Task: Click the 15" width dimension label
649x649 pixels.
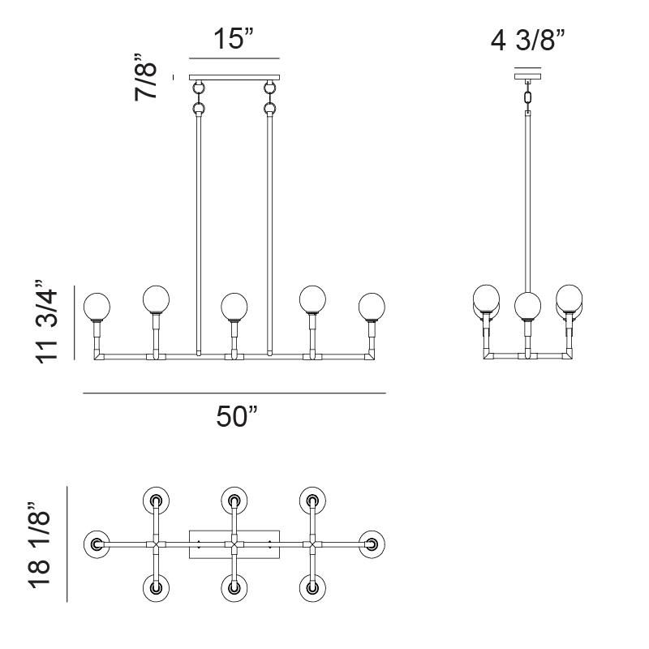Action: (x=234, y=39)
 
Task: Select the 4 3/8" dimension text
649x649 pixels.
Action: (x=527, y=39)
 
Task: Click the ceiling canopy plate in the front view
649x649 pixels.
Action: (x=234, y=78)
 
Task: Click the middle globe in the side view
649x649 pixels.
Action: (x=528, y=305)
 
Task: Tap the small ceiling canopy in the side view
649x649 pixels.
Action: (x=528, y=78)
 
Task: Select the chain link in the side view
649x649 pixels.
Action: (x=528, y=98)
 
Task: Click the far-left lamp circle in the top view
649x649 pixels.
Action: (x=97, y=544)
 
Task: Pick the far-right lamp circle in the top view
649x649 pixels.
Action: (x=372, y=544)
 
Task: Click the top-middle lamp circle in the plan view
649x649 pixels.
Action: (x=234, y=500)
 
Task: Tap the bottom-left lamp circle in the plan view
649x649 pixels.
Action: (x=156, y=587)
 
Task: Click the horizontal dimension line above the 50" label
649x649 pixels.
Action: (x=234, y=393)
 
